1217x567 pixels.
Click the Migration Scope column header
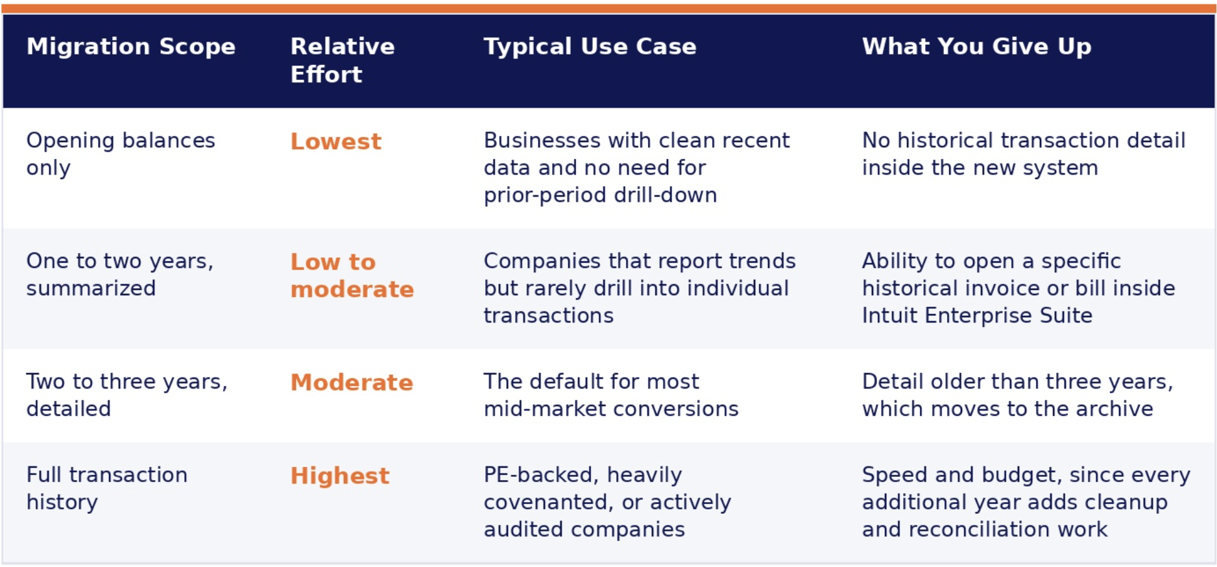click(x=131, y=47)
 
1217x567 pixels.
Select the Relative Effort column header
click(x=343, y=60)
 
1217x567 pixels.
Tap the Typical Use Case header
click(x=590, y=47)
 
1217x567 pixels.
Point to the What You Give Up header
click(x=976, y=47)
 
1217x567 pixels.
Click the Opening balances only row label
click(x=121, y=154)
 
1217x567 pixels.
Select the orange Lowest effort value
click(x=336, y=141)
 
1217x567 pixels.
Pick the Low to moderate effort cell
click(x=352, y=275)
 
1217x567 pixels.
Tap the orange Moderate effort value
click(x=352, y=383)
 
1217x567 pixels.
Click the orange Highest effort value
click(x=340, y=476)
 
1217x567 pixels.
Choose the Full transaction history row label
click(x=107, y=489)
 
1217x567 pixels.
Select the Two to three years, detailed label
click(x=127, y=395)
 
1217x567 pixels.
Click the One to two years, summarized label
click(x=120, y=274)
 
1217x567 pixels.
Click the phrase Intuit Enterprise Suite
click(x=977, y=315)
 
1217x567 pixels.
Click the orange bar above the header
click(x=608, y=8)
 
